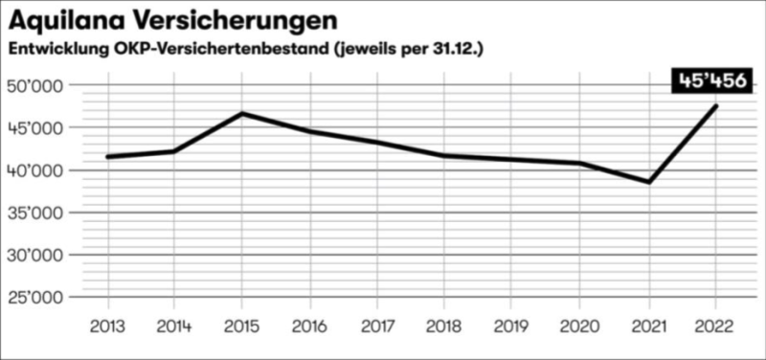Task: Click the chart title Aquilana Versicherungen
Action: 172,18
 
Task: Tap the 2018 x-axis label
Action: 444,326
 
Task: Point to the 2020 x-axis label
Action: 580,326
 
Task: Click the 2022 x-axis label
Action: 715,326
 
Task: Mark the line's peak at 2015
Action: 241,114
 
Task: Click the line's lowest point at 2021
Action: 648,182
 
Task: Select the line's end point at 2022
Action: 715,106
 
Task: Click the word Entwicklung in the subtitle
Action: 58,48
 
